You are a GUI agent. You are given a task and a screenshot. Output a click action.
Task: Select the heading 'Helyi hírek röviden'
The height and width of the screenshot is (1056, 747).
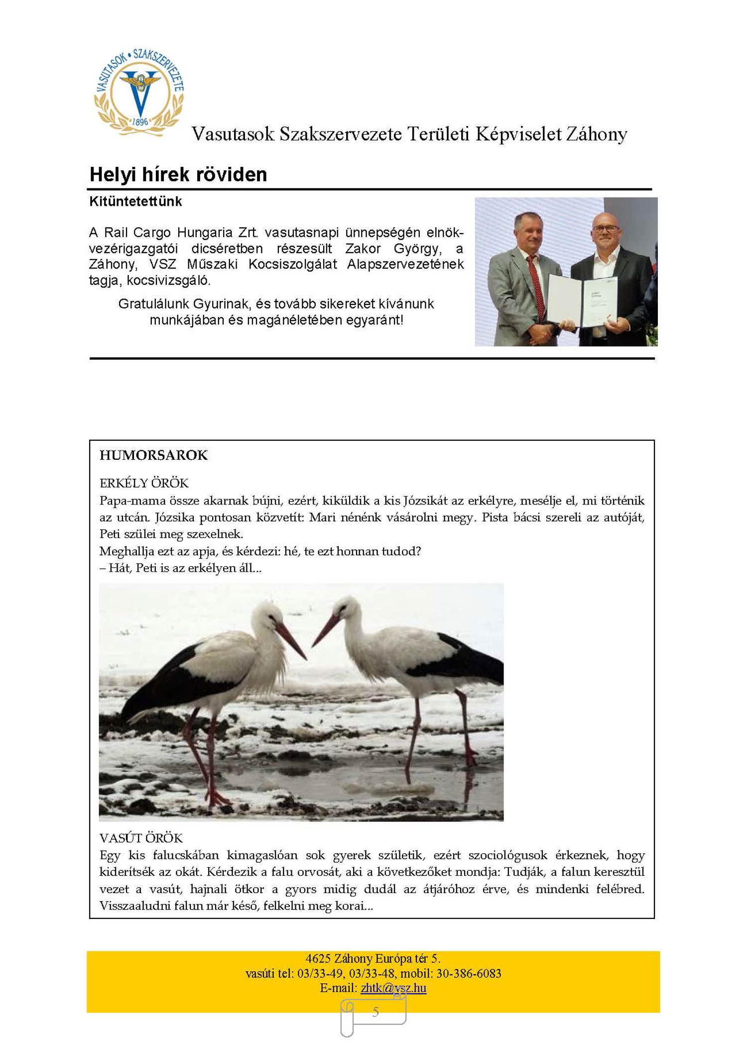tap(178, 175)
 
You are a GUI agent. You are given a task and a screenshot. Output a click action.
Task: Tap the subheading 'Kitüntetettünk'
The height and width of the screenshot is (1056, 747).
tap(135, 202)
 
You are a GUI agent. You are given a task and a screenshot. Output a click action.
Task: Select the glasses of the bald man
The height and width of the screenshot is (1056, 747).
tap(606, 229)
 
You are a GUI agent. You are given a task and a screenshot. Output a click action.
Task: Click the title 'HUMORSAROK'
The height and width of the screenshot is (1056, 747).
tap(153, 455)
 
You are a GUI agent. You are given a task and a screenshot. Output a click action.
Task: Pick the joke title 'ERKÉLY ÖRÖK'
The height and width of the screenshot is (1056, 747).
tap(144, 483)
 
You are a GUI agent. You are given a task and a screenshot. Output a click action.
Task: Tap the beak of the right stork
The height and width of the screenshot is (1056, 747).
tap(326, 630)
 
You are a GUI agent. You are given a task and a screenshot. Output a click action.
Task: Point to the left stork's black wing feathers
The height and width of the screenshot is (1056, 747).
tap(164, 682)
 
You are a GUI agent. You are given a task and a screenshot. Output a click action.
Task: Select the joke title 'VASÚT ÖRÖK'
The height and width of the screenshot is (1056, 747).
tap(141, 838)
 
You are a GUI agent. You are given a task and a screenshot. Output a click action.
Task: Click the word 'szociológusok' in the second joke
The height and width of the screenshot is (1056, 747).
tap(507, 855)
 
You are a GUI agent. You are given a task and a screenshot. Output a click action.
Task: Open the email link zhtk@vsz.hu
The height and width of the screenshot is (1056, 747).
tap(393, 988)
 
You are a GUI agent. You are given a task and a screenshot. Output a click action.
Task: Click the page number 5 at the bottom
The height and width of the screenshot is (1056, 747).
tap(375, 1012)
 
